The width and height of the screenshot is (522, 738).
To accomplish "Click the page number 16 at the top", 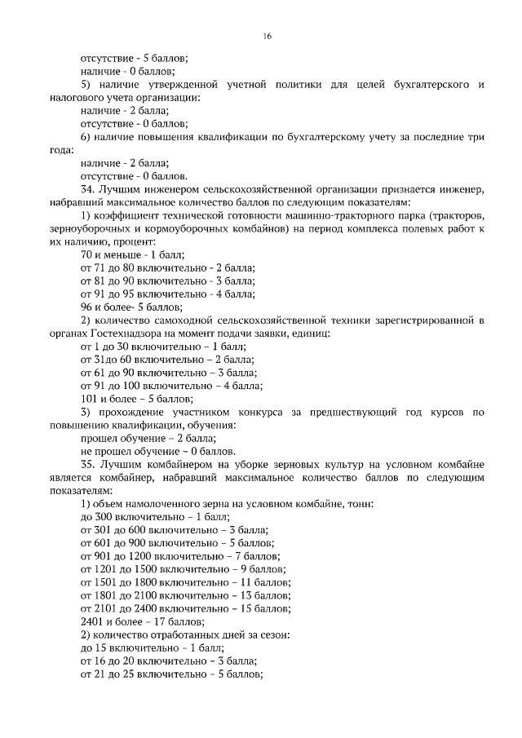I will click(x=267, y=37).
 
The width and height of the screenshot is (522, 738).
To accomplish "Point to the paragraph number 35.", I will click(x=88, y=464).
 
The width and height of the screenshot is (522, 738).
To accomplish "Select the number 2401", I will click(x=92, y=621).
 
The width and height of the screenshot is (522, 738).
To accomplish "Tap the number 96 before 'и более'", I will click(x=86, y=307).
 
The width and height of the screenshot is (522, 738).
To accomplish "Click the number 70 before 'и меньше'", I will click(x=86, y=254).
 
